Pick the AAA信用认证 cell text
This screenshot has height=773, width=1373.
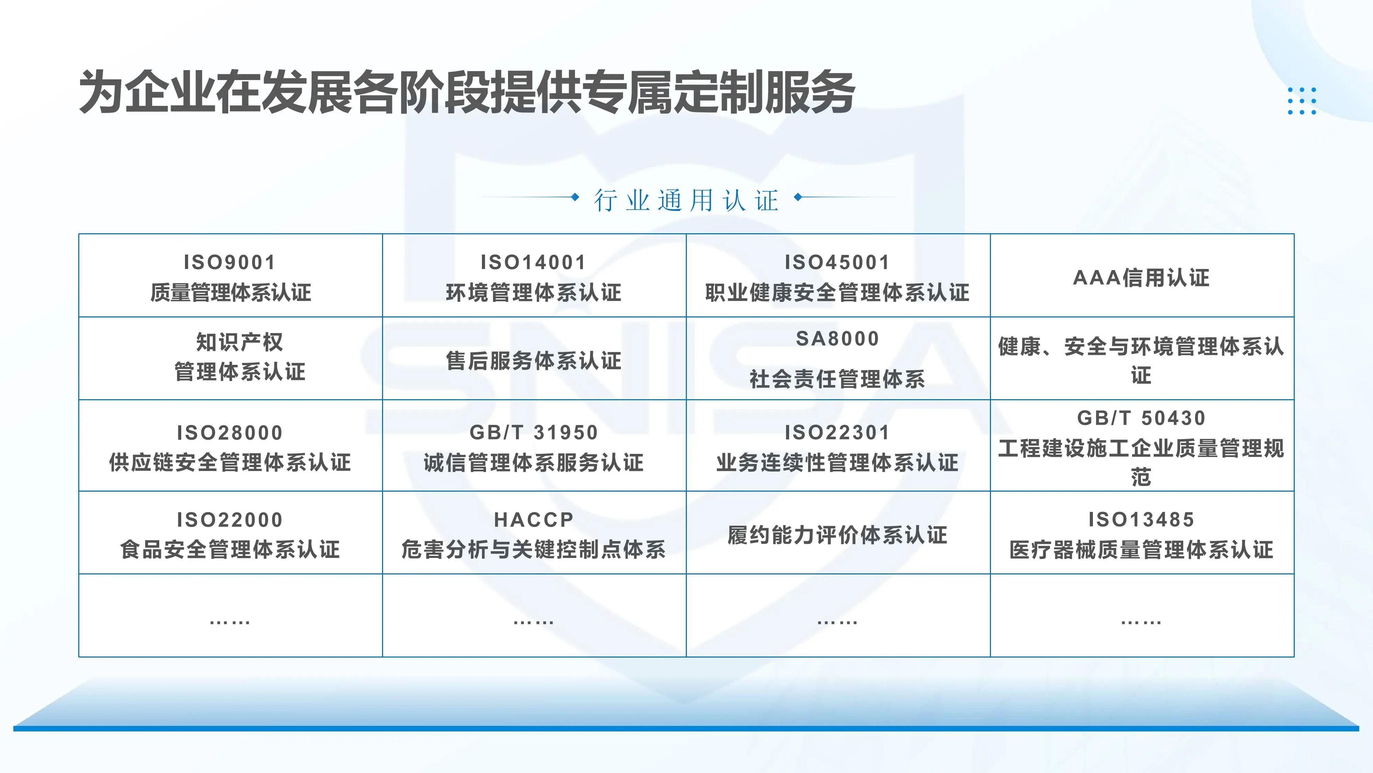(1141, 277)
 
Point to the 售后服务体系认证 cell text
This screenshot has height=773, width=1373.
(533, 361)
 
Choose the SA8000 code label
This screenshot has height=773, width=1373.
(837, 339)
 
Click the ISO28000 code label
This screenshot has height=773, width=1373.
(230, 432)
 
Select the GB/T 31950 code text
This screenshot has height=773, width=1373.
(533, 432)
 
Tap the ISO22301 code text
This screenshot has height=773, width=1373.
(837, 432)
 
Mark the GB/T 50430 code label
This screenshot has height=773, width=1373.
(1141, 418)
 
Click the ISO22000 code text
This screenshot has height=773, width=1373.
(230, 519)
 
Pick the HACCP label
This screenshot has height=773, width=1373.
(533, 519)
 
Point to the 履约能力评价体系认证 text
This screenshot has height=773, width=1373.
(837, 535)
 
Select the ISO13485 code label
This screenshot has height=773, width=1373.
(1141, 519)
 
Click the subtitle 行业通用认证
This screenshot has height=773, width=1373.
(686, 201)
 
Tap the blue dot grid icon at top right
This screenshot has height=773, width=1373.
(1302, 101)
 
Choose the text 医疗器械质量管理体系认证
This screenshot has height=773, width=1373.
(1141, 549)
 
